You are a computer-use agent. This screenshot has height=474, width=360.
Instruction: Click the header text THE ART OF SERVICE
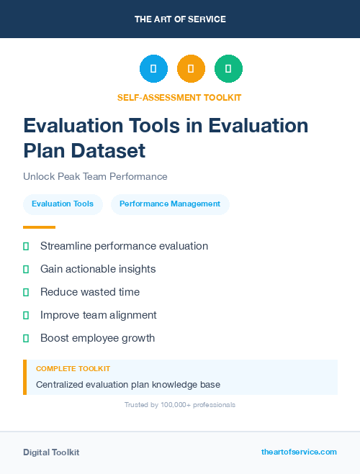coord(180,19)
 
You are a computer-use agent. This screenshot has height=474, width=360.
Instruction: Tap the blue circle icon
coord(153,68)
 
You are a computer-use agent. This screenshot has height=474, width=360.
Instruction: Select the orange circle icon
coord(191,68)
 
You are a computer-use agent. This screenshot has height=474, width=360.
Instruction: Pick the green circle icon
coord(228,68)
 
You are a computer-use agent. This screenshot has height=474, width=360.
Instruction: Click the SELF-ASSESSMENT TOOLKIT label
coord(179,97)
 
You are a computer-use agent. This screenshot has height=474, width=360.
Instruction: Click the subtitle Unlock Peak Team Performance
coord(95,176)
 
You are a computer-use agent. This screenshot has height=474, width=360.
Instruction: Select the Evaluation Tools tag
coord(63,204)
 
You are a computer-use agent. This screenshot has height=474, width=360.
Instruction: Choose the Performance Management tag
coord(170,204)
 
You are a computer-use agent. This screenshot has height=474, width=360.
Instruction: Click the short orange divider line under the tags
coord(39,227)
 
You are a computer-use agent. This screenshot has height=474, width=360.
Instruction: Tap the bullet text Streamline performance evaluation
coord(124,246)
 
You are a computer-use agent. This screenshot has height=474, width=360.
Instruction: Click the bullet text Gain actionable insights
coord(98,269)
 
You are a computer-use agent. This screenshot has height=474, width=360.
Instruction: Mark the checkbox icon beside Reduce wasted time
coord(26,292)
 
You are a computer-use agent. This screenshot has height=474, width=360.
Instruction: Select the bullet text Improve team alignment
coord(98,315)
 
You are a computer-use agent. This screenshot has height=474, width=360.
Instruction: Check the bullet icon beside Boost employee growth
coord(26,338)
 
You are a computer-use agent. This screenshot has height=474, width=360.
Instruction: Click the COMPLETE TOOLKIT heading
coord(73,368)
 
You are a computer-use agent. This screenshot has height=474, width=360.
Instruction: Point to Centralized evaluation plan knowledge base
coord(128,384)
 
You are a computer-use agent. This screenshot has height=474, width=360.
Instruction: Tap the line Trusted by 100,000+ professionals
coord(179,405)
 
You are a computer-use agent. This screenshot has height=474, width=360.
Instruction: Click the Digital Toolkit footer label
coord(51,452)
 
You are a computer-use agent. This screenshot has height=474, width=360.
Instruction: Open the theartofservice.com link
coord(299,452)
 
